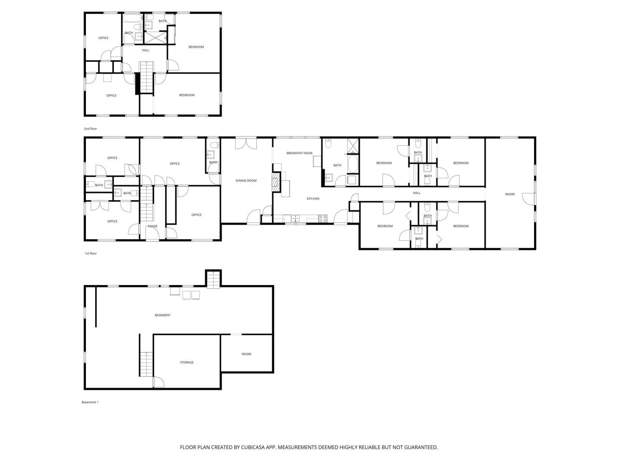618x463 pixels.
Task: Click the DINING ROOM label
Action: tap(246, 181)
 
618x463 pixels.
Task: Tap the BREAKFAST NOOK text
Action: tap(299, 153)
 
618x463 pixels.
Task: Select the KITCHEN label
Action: tap(313, 199)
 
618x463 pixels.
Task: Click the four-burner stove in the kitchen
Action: tap(323, 218)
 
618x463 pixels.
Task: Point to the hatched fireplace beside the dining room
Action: tap(276, 183)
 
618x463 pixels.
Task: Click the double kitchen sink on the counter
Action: tap(295, 218)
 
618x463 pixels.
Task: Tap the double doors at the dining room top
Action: tap(246, 143)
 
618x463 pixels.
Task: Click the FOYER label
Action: tap(152, 226)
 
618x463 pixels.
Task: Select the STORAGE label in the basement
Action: tap(187, 362)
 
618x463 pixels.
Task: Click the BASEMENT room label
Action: tap(163, 315)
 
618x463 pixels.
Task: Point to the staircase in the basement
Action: tap(146, 364)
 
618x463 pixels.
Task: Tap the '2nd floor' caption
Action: tap(90, 129)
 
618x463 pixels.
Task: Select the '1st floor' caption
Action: tap(90, 253)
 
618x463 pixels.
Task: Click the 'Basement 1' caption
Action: tap(90, 402)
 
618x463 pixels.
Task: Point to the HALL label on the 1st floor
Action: tap(417, 193)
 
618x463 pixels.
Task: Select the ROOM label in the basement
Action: tap(246, 354)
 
